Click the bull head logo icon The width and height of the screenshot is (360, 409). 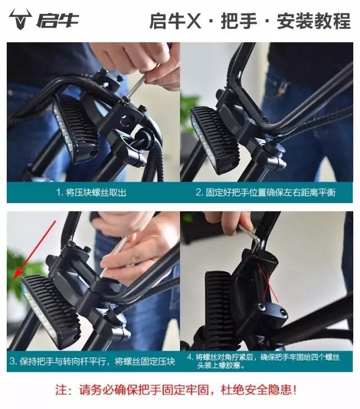tap(21, 20)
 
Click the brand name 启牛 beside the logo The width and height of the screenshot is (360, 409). tap(58, 20)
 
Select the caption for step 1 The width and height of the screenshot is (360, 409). tap(91, 192)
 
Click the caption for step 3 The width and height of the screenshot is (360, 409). tap(92, 361)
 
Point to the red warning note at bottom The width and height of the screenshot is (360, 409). tap(180, 389)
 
